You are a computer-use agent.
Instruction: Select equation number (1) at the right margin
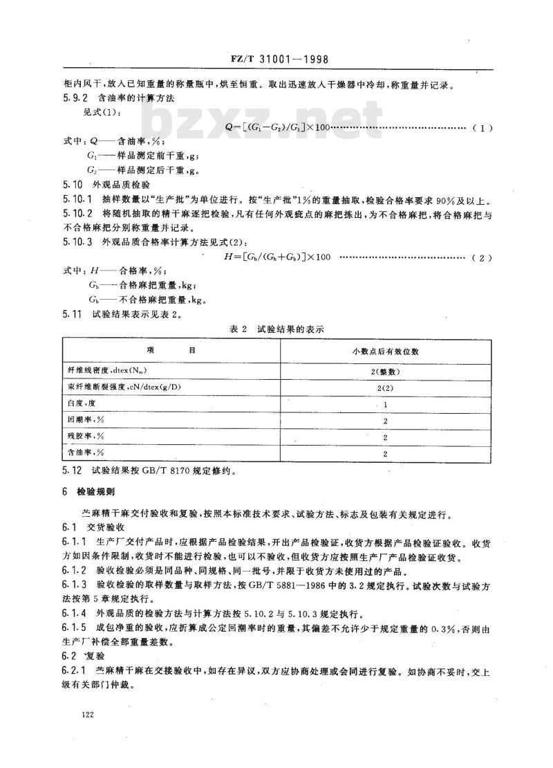click(x=481, y=127)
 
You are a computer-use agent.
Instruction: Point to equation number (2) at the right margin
click(x=481, y=258)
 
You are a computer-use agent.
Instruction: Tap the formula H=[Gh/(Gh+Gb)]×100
click(x=274, y=257)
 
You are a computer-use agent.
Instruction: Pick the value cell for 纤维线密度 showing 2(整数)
click(x=384, y=371)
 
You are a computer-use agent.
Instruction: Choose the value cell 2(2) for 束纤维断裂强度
click(x=384, y=387)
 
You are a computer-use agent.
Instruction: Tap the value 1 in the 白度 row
click(x=384, y=403)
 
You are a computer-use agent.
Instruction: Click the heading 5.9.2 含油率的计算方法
click(x=117, y=99)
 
